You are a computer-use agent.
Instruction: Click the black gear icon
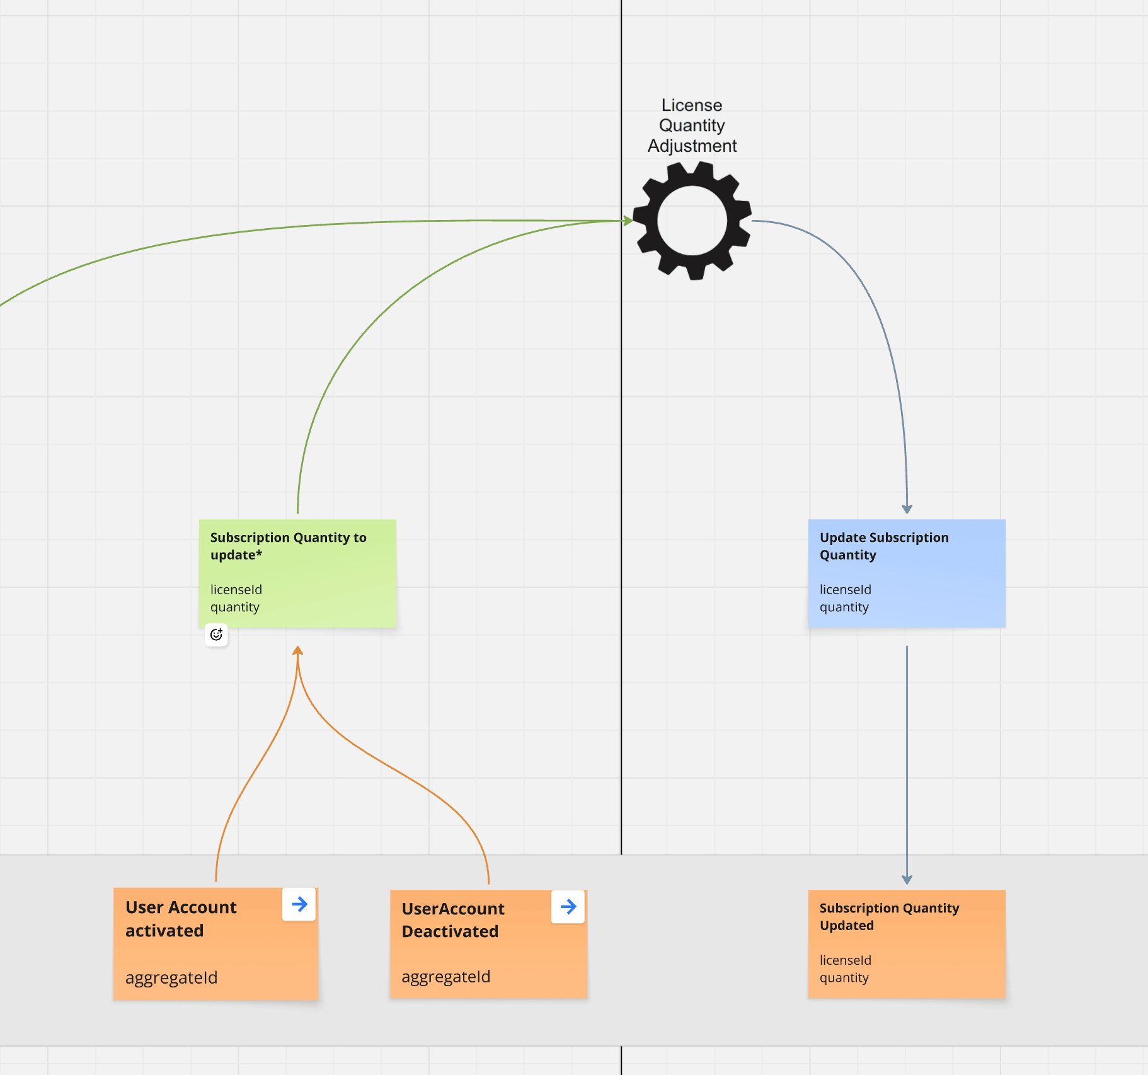[x=692, y=221]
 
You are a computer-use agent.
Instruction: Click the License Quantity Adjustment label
[x=692, y=125]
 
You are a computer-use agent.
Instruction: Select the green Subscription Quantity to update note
[x=297, y=573]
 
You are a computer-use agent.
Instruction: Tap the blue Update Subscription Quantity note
[x=906, y=573]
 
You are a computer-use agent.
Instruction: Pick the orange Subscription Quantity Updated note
[x=906, y=943]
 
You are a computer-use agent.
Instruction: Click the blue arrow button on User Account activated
[x=299, y=904]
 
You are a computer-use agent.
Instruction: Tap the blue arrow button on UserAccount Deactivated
[x=568, y=906]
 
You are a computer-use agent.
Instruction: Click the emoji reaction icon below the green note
[x=216, y=635]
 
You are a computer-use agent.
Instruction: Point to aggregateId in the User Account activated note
[x=171, y=977]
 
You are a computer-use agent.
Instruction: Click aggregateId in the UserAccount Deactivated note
[x=446, y=976]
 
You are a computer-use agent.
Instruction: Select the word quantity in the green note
[x=235, y=607]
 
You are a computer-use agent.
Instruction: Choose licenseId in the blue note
[x=845, y=589]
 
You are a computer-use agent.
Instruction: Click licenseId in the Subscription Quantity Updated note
[x=845, y=960]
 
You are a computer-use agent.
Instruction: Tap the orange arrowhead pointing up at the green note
[x=298, y=650]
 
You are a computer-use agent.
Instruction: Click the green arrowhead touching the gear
[x=628, y=221]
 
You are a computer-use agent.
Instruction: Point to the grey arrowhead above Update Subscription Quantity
[x=907, y=509]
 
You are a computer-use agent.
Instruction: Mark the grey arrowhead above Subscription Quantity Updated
[x=907, y=880]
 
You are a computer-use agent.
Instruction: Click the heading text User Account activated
[x=181, y=919]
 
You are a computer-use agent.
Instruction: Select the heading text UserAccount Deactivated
[x=453, y=920]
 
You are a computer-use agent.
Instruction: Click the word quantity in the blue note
[x=844, y=607]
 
